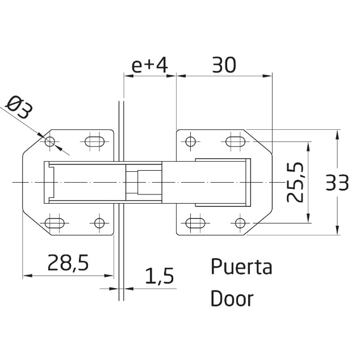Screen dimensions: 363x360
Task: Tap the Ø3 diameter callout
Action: pyautogui.click(x=19, y=108)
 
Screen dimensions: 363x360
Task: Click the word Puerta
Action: pyautogui.click(x=241, y=267)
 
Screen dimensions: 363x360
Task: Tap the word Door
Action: pyautogui.click(x=232, y=298)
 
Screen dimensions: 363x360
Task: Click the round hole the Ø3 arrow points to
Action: pyautogui.click(x=51, y=141)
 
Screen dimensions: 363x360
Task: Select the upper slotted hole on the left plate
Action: pyautogui.click(x=94, y=141)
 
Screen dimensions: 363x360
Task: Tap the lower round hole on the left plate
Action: pyautogui.click(x=99, y=222)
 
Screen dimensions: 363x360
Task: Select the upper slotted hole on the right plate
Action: pyautogui.click(x=235, y=141)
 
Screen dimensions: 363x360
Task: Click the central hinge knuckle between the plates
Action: pyautogui.click(x=143, y=181)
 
